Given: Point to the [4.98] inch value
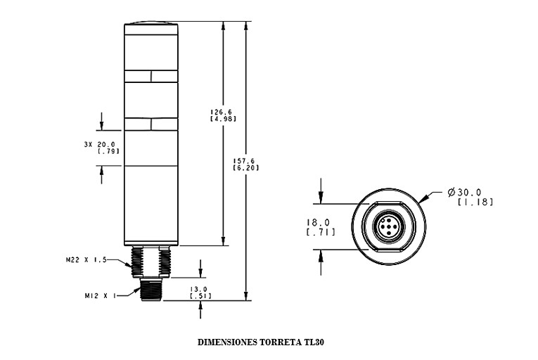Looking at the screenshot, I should [224, 119].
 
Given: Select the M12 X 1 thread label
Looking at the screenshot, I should [96, 296].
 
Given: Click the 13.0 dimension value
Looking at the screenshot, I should [200, 289].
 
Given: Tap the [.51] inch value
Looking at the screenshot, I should [200, 296].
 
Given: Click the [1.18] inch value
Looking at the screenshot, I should [475, 202].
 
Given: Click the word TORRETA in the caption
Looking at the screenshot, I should [280, 343].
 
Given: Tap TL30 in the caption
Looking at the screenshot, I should [314, 343].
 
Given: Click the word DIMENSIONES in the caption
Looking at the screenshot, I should [227, 343].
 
